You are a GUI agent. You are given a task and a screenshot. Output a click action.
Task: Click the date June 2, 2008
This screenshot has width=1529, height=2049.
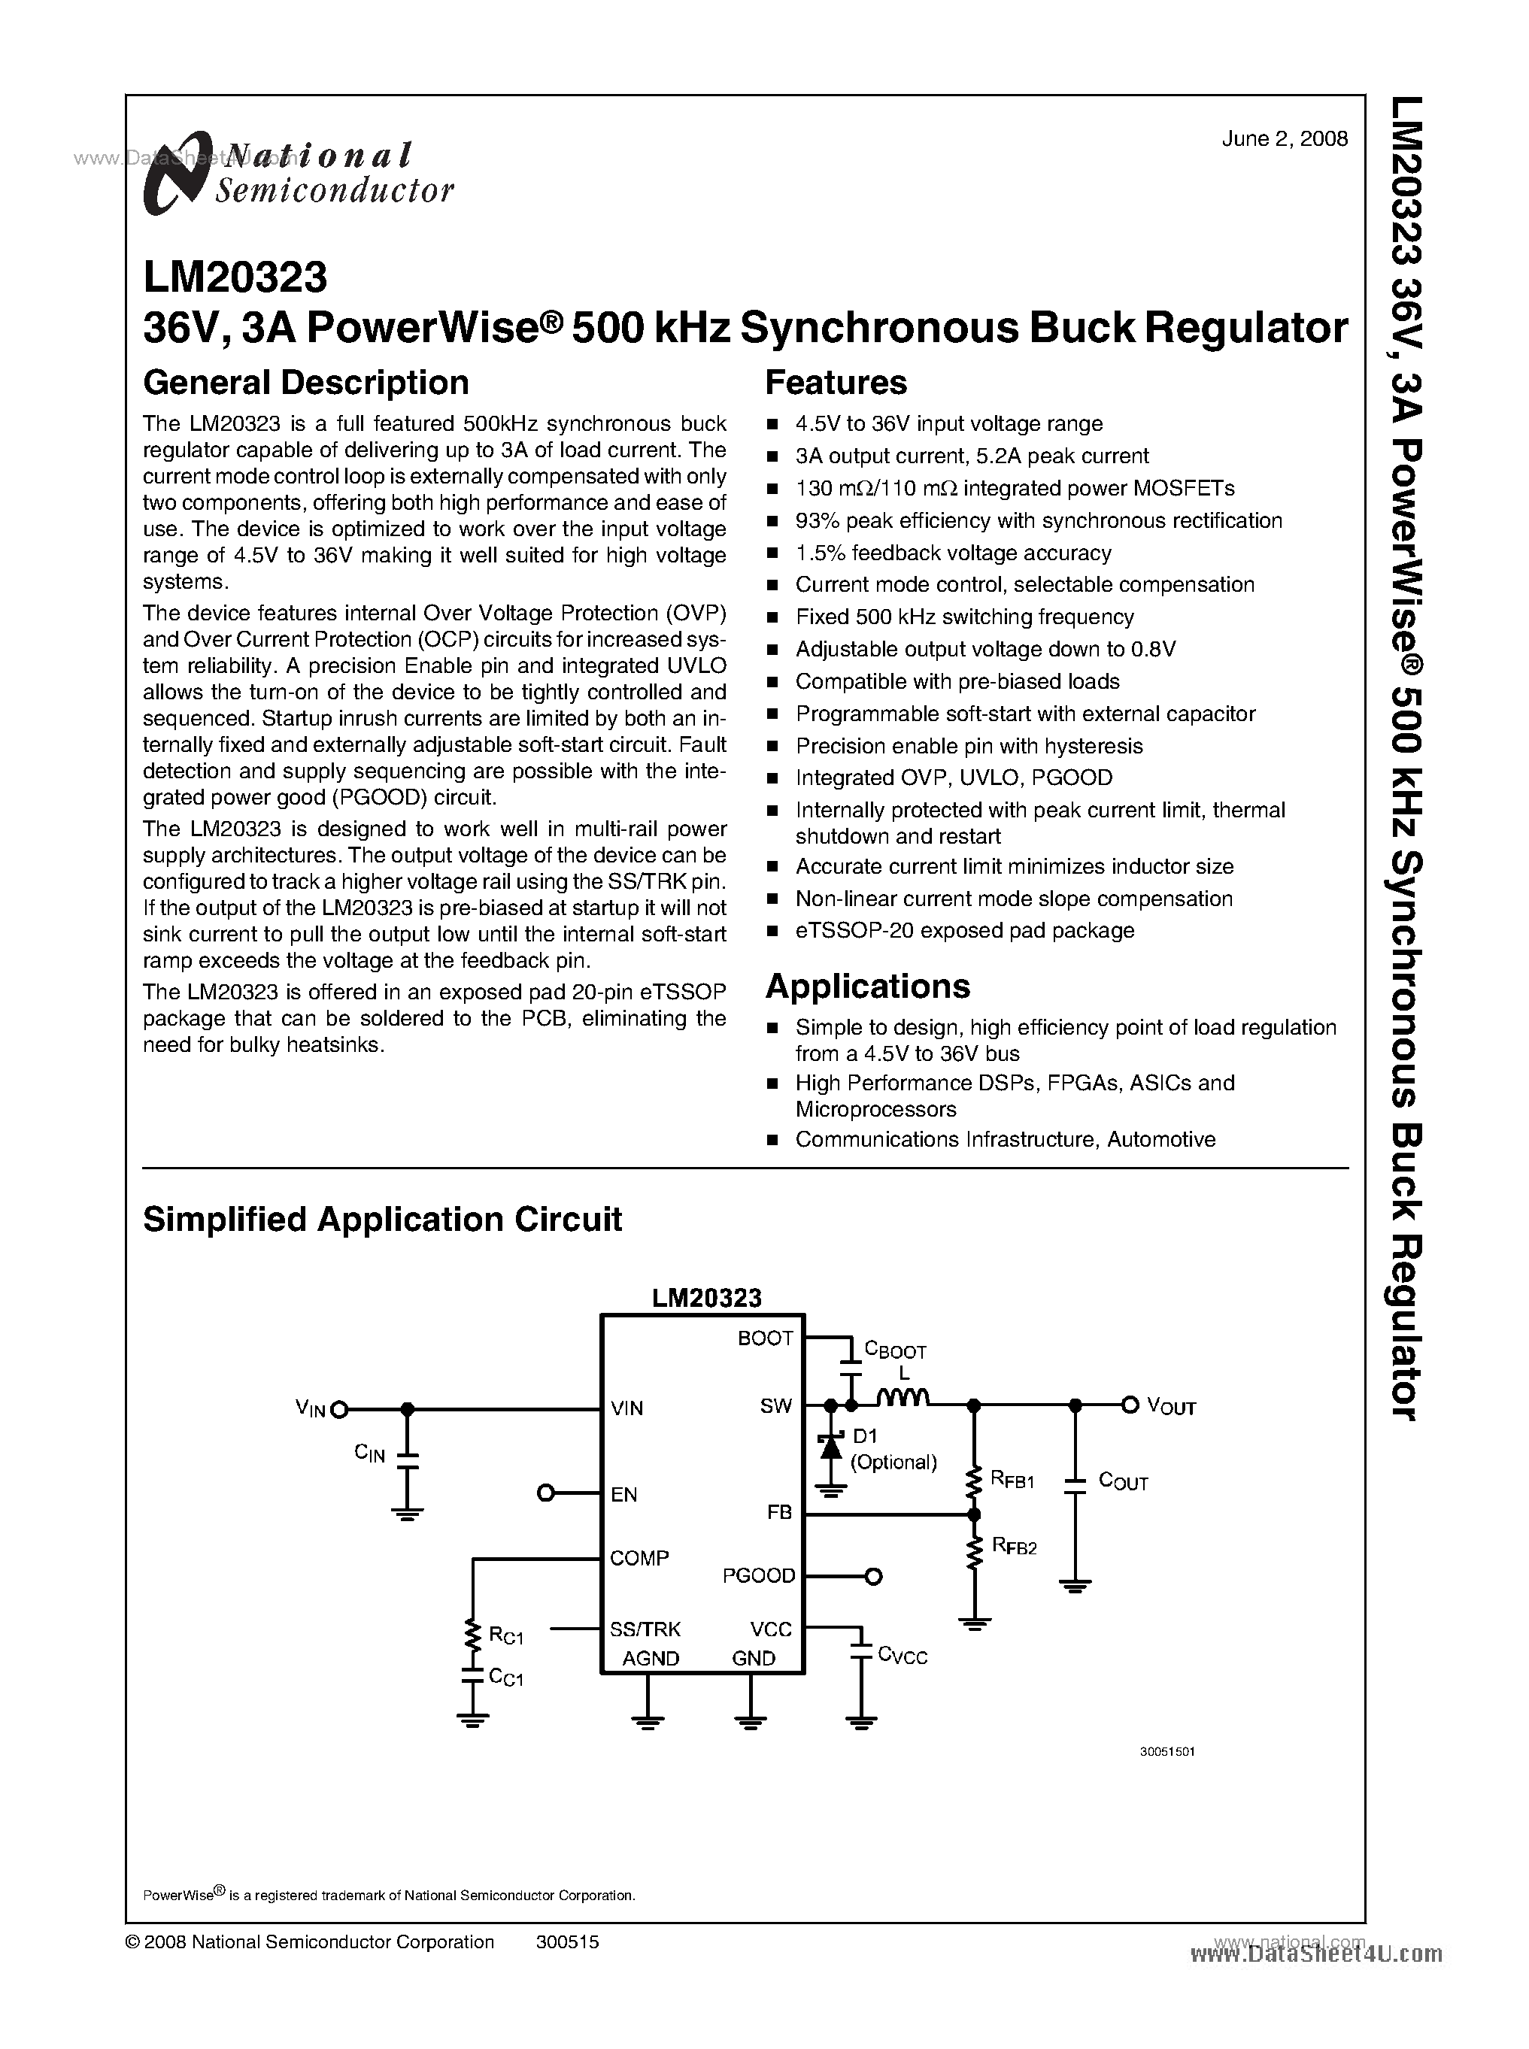(1284, 139)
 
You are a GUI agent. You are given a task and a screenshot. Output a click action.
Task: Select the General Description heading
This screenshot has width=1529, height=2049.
(305, 382)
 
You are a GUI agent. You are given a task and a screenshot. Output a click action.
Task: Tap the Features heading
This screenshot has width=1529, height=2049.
(836, 382)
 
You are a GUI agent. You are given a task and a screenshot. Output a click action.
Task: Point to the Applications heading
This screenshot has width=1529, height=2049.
(867, 987)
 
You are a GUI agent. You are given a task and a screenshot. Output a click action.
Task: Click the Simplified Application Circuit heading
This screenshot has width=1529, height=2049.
(382, 1219)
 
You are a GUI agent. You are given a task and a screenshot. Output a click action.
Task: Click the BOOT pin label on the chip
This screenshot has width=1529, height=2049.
(764, 1338)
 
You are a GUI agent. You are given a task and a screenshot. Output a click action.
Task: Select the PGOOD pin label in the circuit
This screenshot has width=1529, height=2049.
(759, 1575)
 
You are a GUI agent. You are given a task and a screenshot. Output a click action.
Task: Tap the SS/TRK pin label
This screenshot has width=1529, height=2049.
(645, 1629)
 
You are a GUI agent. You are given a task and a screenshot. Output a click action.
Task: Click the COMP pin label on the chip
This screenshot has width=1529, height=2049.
(639, 1559)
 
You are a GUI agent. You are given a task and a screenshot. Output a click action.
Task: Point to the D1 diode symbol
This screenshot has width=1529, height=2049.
(830, 1444)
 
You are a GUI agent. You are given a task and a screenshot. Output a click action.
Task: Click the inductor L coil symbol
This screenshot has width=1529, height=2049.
(903, 1400)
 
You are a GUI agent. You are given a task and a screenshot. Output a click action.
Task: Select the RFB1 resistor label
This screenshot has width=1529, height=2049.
(1012, 1480)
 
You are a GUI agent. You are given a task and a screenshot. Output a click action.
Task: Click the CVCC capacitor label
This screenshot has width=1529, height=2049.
(903, 1656)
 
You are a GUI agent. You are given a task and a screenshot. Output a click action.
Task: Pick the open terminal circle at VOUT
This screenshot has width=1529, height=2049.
(1128, 1405)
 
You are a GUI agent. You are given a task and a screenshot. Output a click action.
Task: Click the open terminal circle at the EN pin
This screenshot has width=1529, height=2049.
(546, 1493)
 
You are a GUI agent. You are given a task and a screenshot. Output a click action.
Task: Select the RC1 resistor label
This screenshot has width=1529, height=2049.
(505, 1635)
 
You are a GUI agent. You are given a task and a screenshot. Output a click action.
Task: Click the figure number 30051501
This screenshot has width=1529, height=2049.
(1166, 1752)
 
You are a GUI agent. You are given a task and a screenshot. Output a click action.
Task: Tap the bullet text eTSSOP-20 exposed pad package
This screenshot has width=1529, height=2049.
(964, 930)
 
